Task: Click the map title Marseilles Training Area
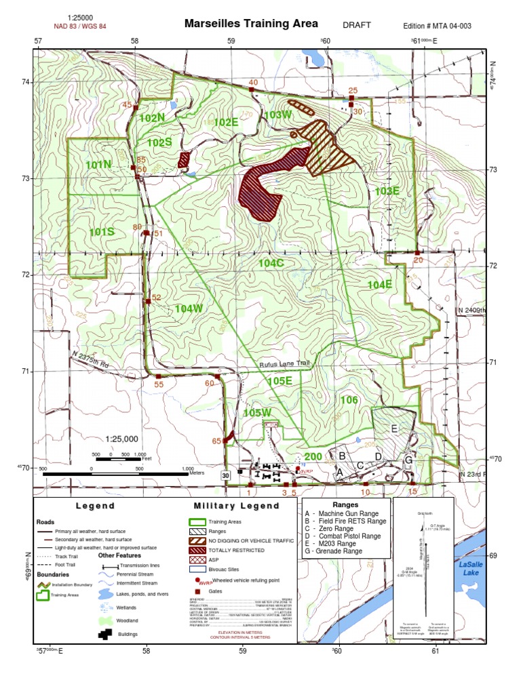pos(251,24)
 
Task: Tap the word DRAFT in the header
pos(357,25)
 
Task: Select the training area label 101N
pos(98,164)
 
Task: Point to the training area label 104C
pos(271,262)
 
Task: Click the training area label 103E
pos(387,191)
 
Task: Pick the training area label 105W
pos(256,412)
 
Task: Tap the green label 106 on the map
pos(349,400)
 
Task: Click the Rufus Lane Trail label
pos(284,364)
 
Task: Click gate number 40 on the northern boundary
pos(253,83)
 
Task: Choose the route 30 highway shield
pos(225,476)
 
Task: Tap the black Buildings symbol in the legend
pos(107,635)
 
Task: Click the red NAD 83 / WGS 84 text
pos(79,26)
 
